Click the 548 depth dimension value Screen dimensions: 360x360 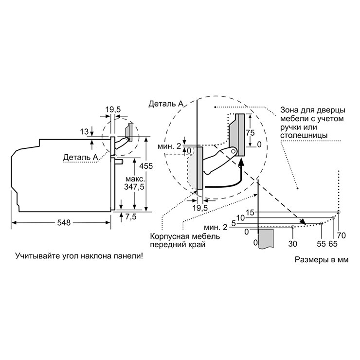pyautogui.click(x=64, y=222)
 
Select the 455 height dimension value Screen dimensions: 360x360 pyautogui.click(x=146, y=166)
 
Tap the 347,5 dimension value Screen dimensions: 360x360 pyautogui.click(x=134, y=187)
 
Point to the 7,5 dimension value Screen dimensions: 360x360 pyautogui.click(x=131, y=216)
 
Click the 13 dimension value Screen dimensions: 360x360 pyautogui.click(x=84, y=131)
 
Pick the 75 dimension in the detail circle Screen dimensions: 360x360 pyautogui.click(x=250, y=132)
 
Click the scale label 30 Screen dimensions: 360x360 pyautogui.click(x=293, y=244)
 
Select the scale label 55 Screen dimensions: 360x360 pyautogui.click(x=321, y=244)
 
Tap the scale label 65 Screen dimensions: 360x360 pyautogui.click(x=333, y=244)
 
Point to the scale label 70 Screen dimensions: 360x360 pyautogui.click(x=342, y=235)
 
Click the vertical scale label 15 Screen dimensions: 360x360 pyautogui.click(x=250, y=213)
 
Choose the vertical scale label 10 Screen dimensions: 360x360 pyautogui.click(x=241, y=217)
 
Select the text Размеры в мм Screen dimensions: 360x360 pyautogui.click(x=322, y=259)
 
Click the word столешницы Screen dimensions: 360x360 pyautogui.click(x=304, y=135)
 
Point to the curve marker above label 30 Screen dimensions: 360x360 pyautogui.click(x=292, y=227)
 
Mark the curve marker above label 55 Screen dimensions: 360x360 pyautogui.click(x=322, y=223)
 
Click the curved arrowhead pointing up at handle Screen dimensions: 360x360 pyautogui.click(x=241, y=162)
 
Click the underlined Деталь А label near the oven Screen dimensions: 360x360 pyautogui.click(x=81, y=157)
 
